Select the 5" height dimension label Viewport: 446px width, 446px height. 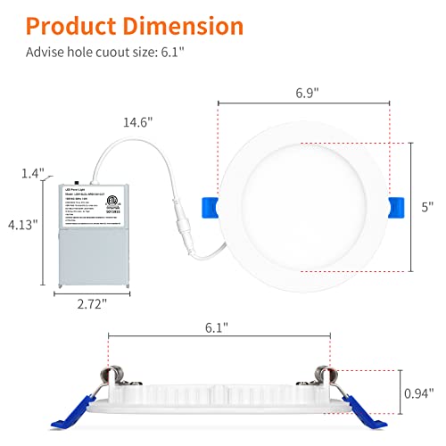pos(428,206)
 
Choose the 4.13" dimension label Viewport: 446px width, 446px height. pos(23,226)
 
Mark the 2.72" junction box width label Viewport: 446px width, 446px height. pos(93,304)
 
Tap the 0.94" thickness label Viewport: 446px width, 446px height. pos(417,392)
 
